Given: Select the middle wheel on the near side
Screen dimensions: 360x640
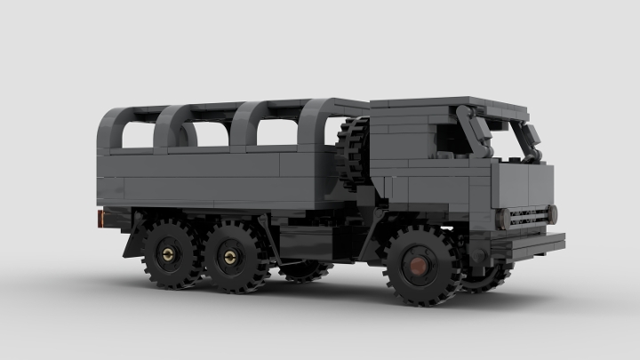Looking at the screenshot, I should tap(234, 257).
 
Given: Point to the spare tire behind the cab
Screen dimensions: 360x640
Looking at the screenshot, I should tap(354, 151).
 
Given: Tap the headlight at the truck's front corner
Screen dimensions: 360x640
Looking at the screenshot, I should tap(504, 219).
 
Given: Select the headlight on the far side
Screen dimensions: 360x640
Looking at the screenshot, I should tap(553, 213).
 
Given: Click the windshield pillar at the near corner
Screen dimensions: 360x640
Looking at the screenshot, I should tap(476, 133).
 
